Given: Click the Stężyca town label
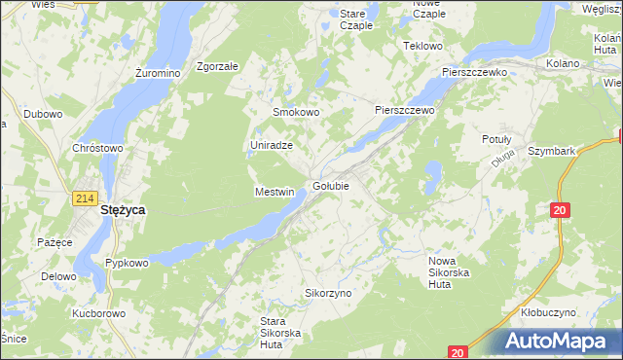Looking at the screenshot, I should pos(123,209).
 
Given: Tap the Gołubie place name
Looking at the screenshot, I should pos(332,186).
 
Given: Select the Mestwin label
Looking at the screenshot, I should pos(274,192).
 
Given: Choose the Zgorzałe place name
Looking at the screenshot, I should pos(217,66).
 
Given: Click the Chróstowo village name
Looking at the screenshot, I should pos(97,148).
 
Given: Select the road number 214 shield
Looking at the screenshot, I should pos(83,198).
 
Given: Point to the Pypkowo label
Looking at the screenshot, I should pos(127,263).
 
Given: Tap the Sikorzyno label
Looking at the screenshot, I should pos(328,293).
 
